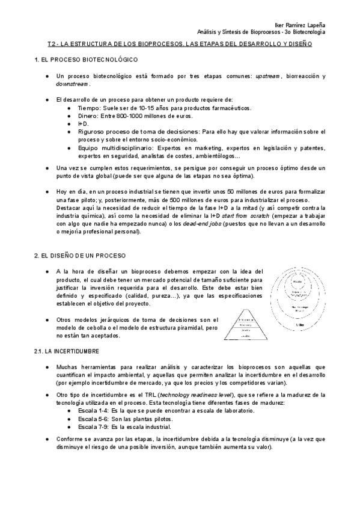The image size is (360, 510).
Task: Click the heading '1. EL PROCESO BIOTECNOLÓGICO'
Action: point(87,60)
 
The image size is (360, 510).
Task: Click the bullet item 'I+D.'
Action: point(83,123)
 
